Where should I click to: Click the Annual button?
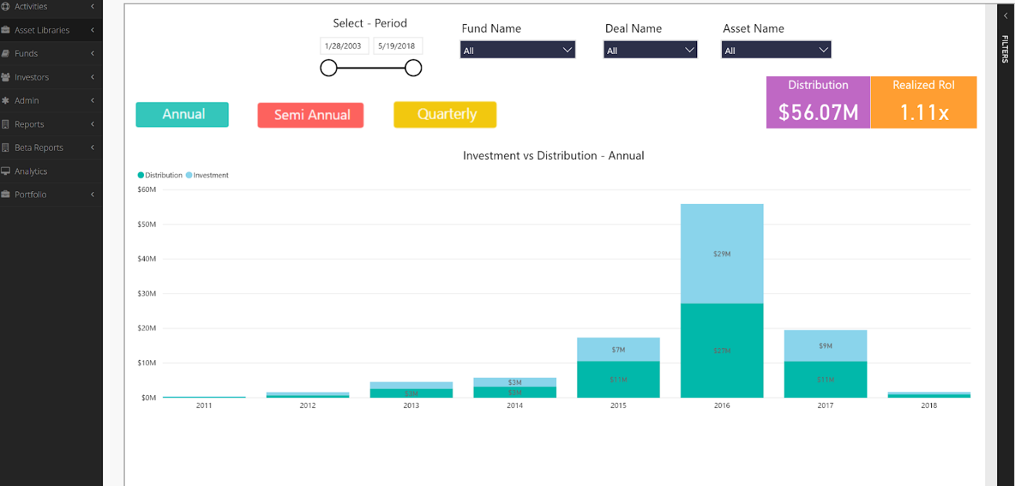tap(182, 114)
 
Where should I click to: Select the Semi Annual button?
tap(311, 115)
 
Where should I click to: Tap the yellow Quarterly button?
tap(445, 114)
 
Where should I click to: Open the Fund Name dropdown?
tap(517, 50)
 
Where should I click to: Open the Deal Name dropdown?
tap(650, 50)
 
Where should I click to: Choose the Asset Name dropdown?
tap(776, 50)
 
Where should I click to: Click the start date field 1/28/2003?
tap(344, 46)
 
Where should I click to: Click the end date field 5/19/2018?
tap(397, 46)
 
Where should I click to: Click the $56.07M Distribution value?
tap(818, 112)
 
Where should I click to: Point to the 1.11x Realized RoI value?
tap(923, 112)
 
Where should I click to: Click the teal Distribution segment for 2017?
tap(825, 379)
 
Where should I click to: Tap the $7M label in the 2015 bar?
tap(618, 350)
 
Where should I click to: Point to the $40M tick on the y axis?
tap(147, 259)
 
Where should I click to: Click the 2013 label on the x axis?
tap(411, 406)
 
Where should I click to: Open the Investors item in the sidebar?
tap(32, 77)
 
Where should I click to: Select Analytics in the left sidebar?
tap(31, 171)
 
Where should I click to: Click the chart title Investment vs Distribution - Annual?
tap(553, 156)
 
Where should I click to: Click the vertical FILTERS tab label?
tap(1005, 49)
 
